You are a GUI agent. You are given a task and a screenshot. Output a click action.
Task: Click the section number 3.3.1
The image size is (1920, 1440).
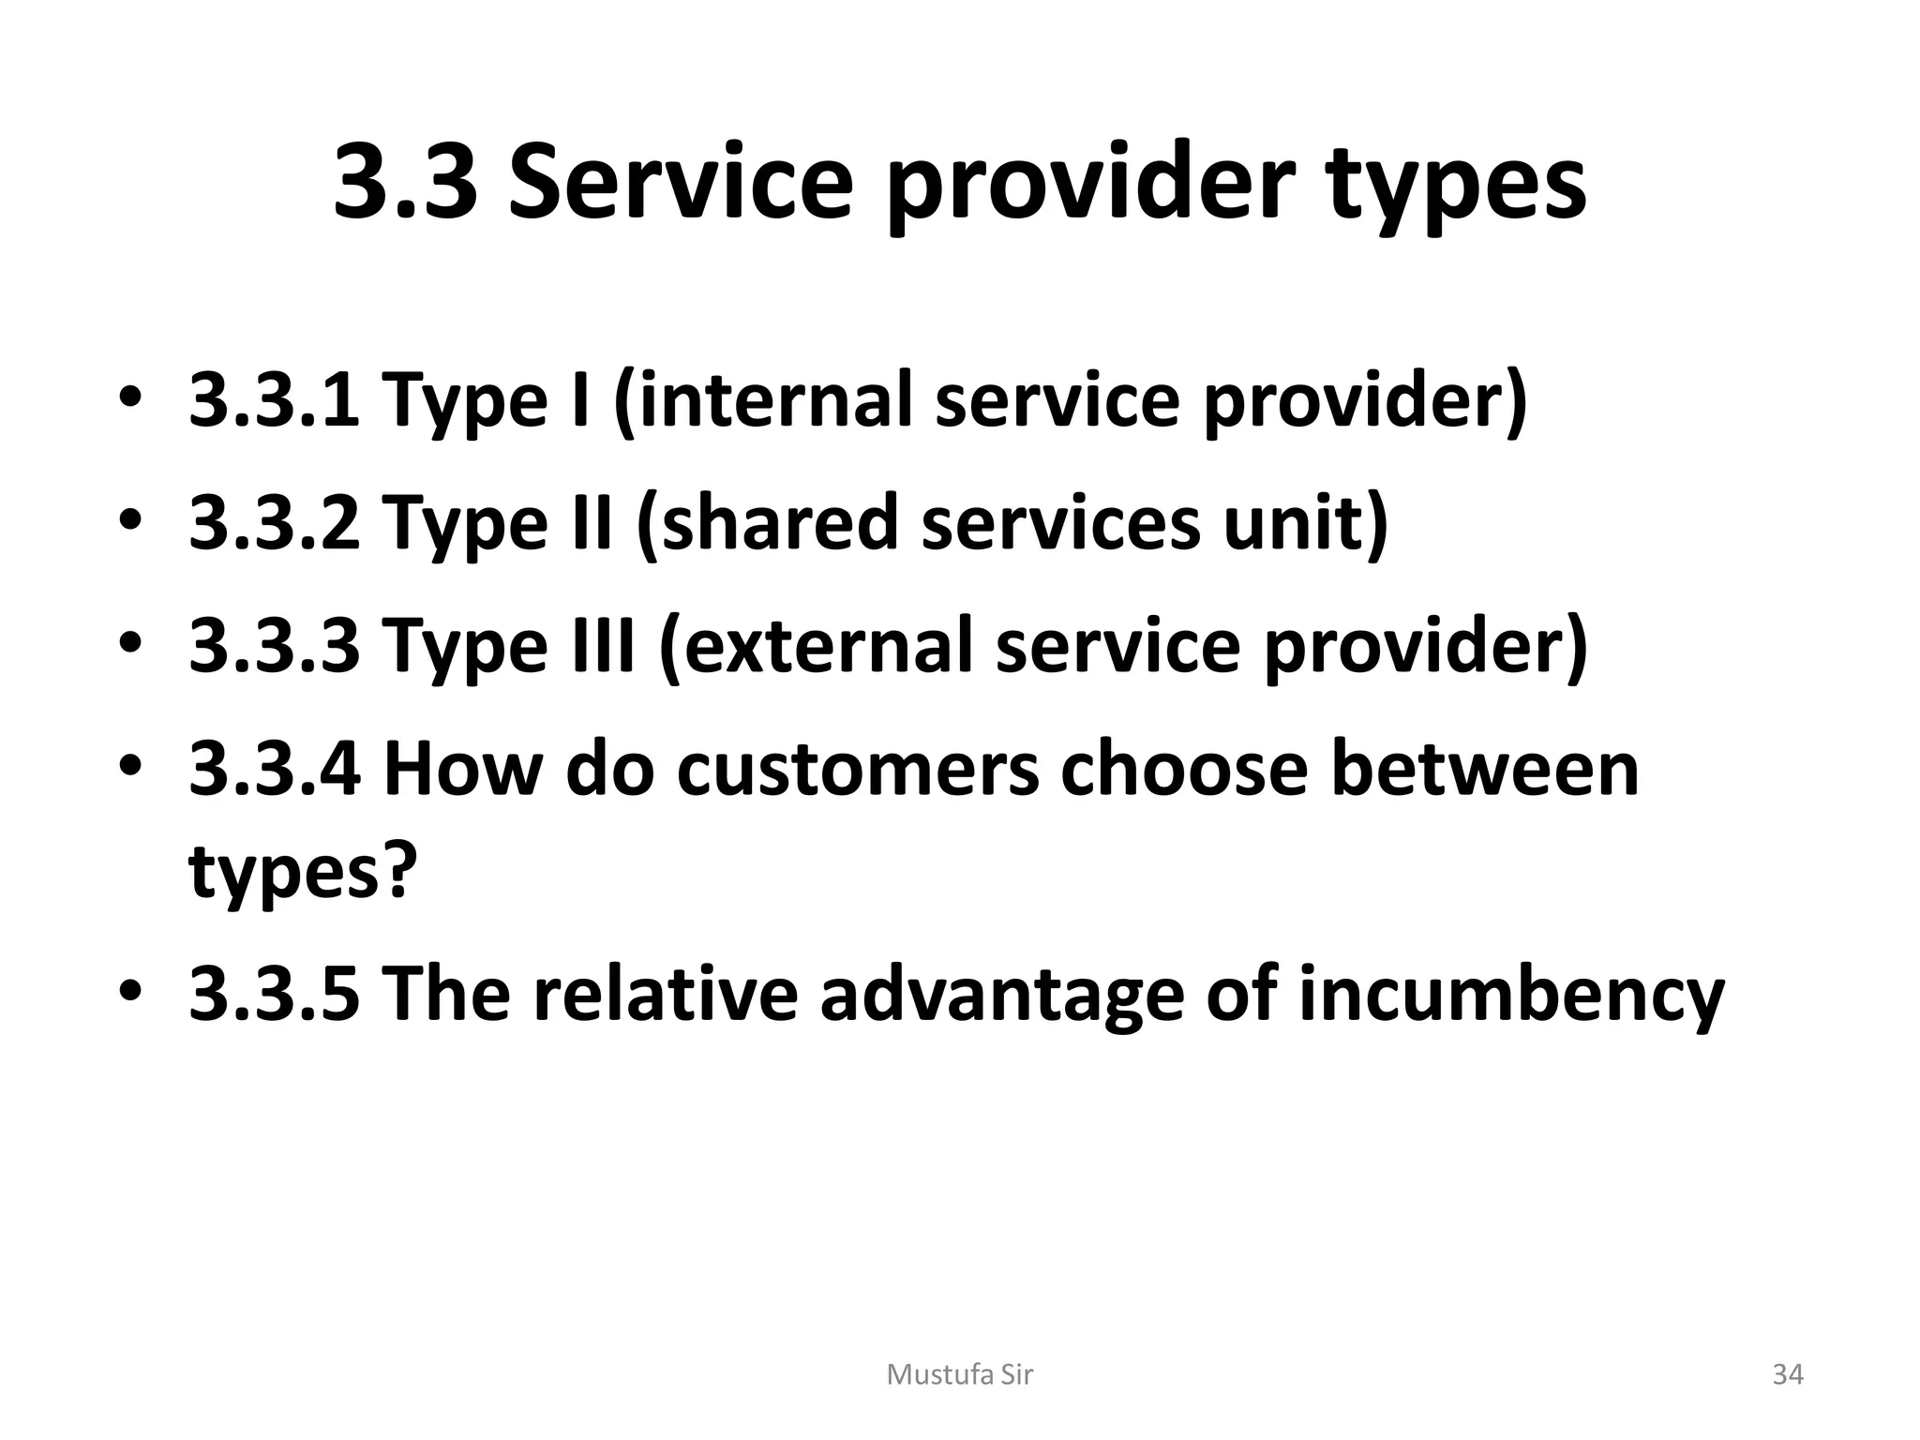tap(274, 399)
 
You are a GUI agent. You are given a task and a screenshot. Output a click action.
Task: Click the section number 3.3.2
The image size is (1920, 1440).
tap(274, 522)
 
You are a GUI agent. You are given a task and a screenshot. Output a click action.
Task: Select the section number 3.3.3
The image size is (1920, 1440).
tap(274, 645)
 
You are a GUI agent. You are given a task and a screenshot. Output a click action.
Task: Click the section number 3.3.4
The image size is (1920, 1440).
tap(274, 769)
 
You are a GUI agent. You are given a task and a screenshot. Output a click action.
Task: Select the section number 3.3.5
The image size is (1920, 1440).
tap(274, 995)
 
